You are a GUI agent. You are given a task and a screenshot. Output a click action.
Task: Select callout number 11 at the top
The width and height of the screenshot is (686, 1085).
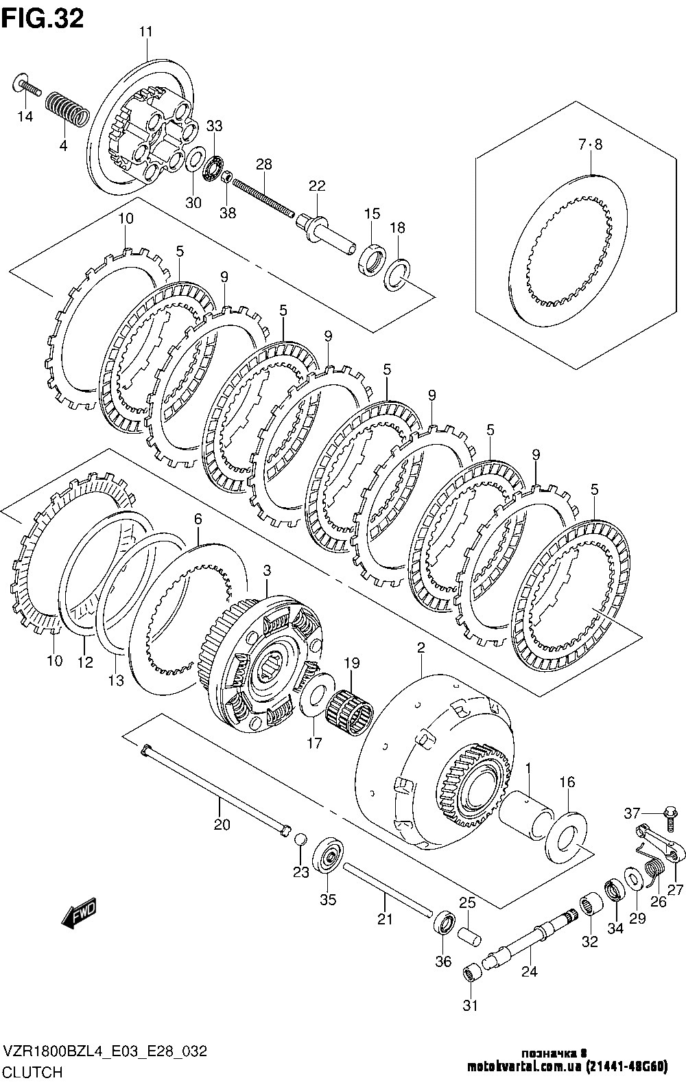145,32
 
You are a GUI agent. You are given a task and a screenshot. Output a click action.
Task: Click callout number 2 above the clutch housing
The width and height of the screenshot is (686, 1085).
421,648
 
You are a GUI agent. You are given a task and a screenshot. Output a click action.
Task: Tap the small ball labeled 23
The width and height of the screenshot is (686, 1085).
300,839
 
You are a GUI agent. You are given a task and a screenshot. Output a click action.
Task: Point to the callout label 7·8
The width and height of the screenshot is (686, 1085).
590,144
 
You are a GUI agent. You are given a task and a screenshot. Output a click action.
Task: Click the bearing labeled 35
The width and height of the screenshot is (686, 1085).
328,854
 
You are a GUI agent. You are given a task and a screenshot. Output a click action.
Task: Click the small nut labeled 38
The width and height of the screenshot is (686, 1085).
226,177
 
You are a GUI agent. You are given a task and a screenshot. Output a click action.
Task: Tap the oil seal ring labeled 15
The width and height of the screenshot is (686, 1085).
372,260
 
